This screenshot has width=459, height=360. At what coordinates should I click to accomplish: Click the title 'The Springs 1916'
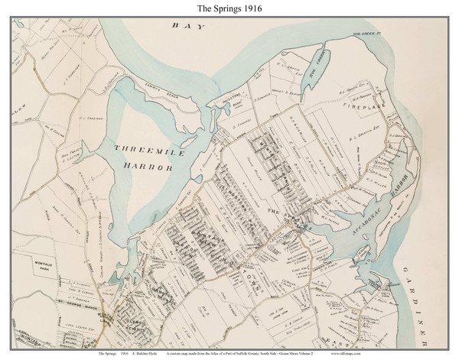[229, 9]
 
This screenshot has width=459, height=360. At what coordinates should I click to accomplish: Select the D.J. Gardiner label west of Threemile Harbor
[90, 118]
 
